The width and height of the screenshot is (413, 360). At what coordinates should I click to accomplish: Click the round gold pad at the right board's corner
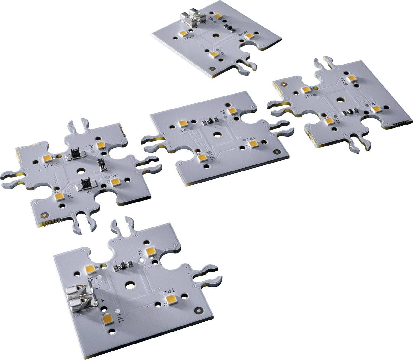pyautogui.click(x=283, y=85)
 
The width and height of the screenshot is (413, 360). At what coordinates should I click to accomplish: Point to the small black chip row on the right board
pyautogui.click(x=351, y=111)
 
